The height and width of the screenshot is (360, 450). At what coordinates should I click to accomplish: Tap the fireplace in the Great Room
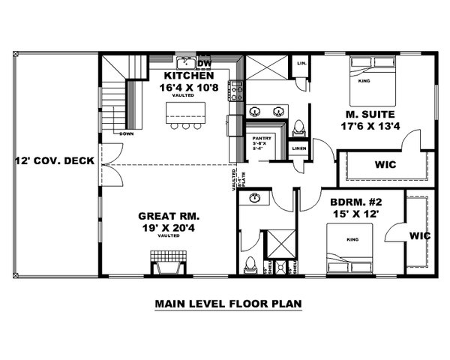(x=168, y=265)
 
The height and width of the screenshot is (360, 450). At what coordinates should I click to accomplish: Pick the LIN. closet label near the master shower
(x=300, y=64)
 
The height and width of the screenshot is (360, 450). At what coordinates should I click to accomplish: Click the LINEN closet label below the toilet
(x=298, y=148)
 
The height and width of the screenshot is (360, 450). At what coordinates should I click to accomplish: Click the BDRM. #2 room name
(x=358, y=202)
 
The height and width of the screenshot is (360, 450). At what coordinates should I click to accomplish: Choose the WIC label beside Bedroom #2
(x=419, y=235)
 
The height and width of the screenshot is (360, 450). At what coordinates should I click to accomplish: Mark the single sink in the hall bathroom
(x=258, y=199)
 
